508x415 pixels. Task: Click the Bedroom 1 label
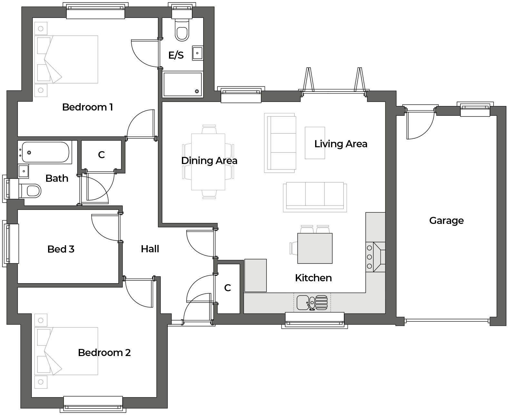(x=87, y=107)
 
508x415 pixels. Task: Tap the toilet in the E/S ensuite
(x=182, y=31)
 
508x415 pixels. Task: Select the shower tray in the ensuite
(x=183, y=84)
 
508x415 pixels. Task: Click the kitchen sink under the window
(x=312, y=303)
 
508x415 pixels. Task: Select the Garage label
(x=446, y=221)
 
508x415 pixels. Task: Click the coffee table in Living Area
(x=315, y=143)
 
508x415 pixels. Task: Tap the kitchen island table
(x=315, y=248)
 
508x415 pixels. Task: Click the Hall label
(x=150, y=249)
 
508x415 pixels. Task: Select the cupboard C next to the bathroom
(x=102, y=155)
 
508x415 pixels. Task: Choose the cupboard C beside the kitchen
(x=228, y=288)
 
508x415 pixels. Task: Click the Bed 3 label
(x=61, y=249)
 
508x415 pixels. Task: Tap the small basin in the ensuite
(x=197, y=53)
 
